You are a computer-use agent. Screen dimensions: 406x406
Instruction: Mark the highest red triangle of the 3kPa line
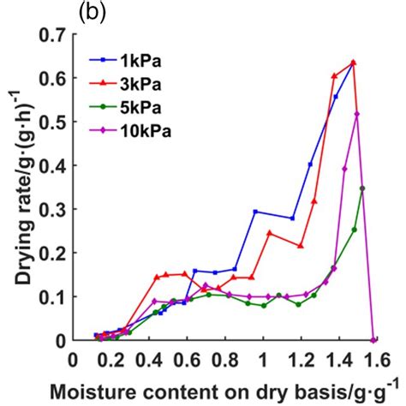coord(353,63)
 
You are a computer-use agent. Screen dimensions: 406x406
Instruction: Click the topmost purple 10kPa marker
coord(356,114)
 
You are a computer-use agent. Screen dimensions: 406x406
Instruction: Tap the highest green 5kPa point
coord(362,188)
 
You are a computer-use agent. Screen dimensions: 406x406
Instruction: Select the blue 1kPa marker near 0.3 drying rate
coord(255,211)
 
